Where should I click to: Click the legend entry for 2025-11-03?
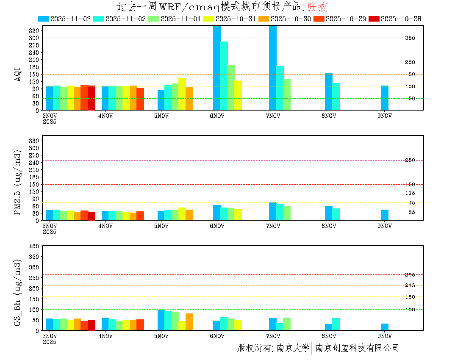[64, 19]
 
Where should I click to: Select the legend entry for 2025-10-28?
[394, 19]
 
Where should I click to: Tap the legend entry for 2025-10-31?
[229, 19]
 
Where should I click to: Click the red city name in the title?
[317, 7]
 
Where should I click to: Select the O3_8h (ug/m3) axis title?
[17, 293]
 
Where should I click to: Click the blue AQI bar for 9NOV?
[384, 98]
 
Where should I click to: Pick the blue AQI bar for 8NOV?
[328, 91]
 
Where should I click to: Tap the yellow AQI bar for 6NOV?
[238, 95]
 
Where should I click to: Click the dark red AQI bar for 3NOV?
[91, 98]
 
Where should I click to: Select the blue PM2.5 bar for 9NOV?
[384, 215]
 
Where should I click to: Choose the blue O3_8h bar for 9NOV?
[384, 327]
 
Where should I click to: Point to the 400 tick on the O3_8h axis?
[34, 246]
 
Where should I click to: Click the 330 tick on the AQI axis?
[34, 30]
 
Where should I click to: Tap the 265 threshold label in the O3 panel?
[410, 275]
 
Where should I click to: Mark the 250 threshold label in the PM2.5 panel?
[410, 160]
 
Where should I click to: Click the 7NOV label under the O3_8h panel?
[273, 336]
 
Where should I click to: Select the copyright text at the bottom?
[318, 348]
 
